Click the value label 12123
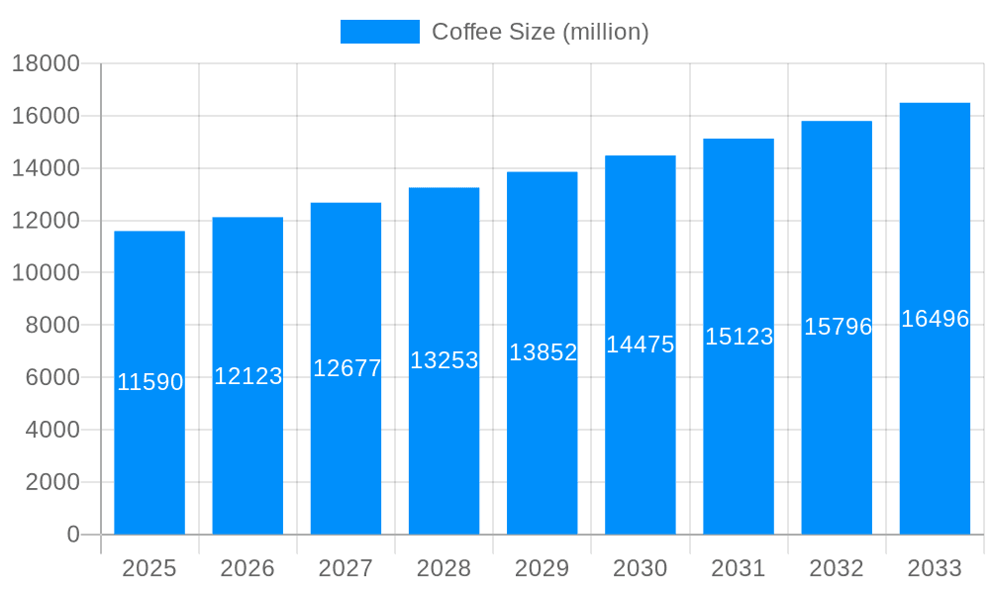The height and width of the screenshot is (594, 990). pos(248,376)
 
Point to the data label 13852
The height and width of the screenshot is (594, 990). pos(543,352)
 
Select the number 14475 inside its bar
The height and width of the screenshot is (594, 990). pos(641,345)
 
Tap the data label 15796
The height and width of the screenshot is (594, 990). pos(838,327)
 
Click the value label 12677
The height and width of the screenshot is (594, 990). pos(346,368)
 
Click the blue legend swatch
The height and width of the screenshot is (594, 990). pos(380,32)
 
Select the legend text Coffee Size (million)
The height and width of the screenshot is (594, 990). pos(541,32)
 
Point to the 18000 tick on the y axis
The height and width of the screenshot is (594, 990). pos(46,64)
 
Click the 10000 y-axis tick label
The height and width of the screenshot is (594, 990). pos(46,273)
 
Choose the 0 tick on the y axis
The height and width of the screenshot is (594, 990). pos(73,535)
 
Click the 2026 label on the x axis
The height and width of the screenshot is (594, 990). pos(247,568)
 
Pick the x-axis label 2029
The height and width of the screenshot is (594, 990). pos(543,568)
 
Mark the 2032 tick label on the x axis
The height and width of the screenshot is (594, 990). pos(837,568)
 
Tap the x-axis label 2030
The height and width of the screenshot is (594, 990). pos(641,568)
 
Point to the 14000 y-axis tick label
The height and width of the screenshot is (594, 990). pos(46,168)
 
